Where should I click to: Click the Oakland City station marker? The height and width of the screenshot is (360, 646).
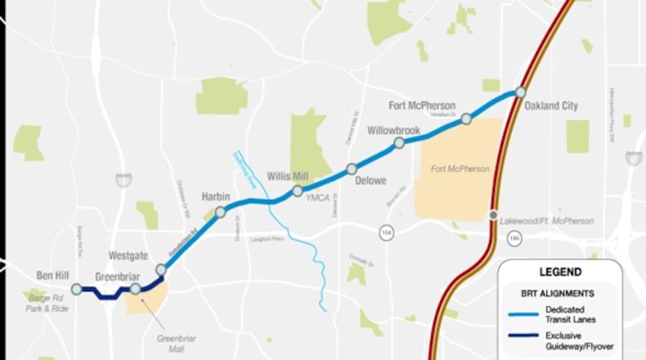click(x=520, y=92)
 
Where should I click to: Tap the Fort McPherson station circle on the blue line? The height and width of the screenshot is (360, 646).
click(x=466, y=119)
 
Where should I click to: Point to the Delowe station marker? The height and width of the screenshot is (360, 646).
click(x=352, y=169)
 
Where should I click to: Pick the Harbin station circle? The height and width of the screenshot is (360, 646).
click(x=220, y=213)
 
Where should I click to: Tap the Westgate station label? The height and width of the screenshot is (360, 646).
click(x=128, y=255)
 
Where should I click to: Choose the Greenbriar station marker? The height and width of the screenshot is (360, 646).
click(x=135, y=288)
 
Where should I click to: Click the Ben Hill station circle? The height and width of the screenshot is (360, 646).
click(x=76, y=289)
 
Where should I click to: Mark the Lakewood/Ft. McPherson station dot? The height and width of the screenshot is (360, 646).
click(x=493, y=215)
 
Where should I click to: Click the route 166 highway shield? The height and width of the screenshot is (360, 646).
click(x=513, y=238)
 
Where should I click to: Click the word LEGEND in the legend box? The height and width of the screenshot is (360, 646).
click(x=560, y=272)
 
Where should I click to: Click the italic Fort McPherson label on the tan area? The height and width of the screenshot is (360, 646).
click(x=460, y=169)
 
